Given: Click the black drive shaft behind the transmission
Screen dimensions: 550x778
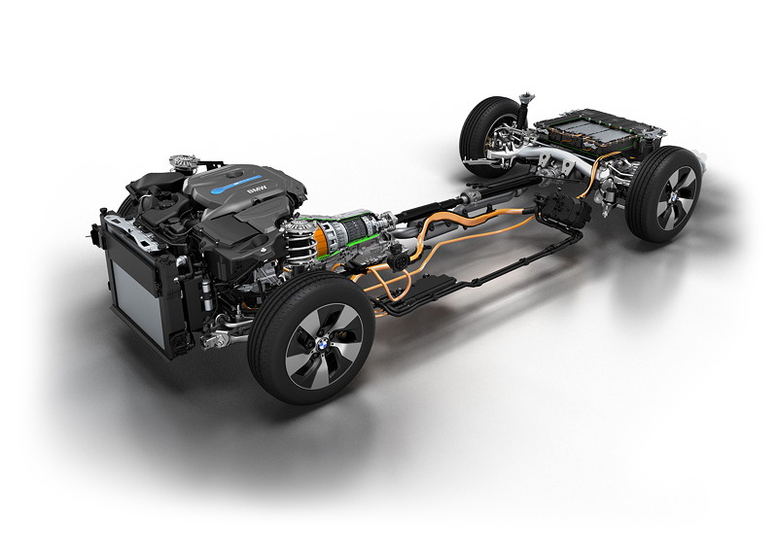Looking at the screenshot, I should pyautogui.click(x=438, y=210).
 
